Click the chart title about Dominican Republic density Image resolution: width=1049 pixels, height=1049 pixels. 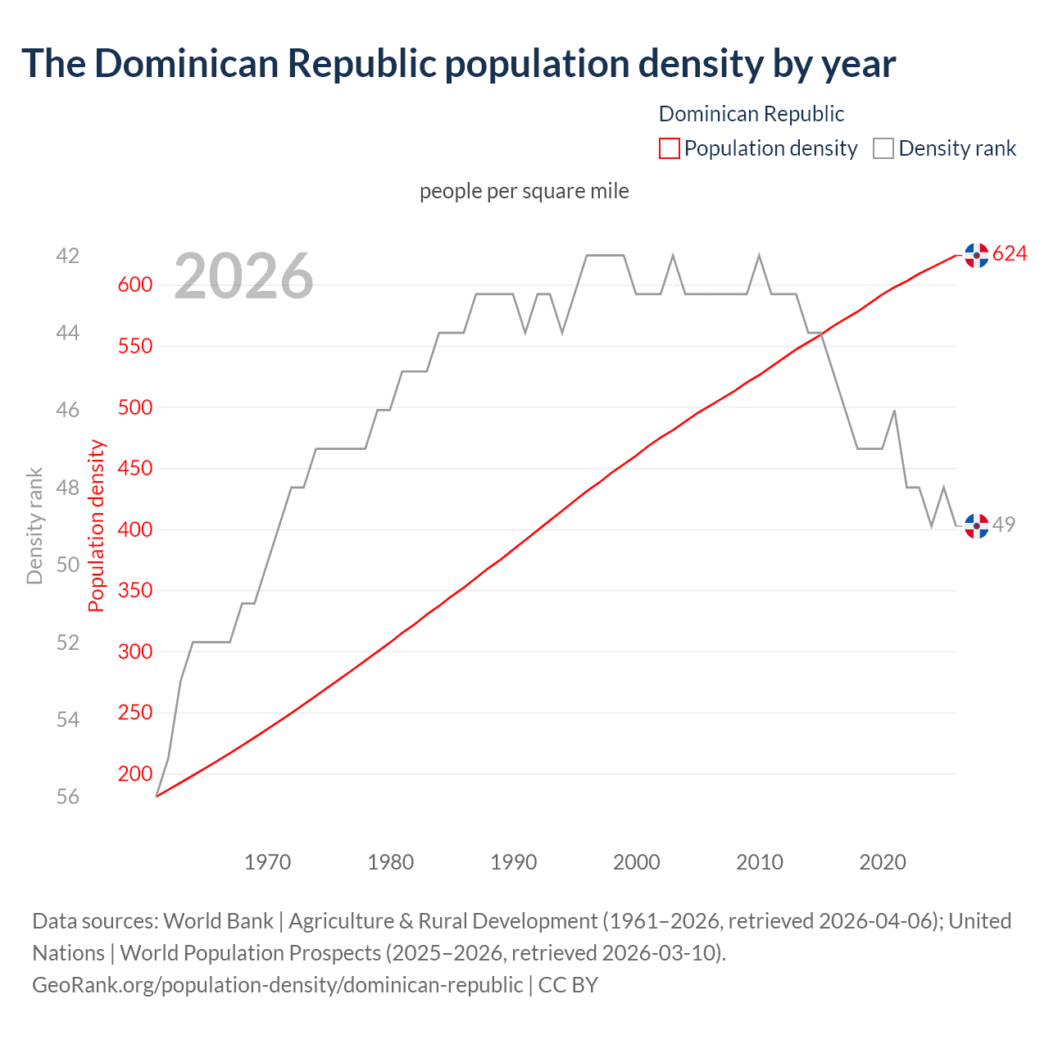click(459, 64)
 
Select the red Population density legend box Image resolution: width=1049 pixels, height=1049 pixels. click(669, 148)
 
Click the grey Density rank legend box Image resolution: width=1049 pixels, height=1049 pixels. click(883, 148)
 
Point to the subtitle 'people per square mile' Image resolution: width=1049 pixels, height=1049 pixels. click(524, 191)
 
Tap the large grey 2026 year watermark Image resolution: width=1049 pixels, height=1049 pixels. click(244, 276)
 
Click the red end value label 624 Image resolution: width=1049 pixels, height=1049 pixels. click(1010, 254)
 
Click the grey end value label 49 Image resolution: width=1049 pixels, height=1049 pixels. click(1004, 524)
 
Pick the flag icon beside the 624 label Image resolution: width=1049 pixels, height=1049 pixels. click(976, 256)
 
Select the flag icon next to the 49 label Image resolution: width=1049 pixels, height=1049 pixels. click(976, 525)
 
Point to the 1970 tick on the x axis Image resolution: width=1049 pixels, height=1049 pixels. click(268, 862)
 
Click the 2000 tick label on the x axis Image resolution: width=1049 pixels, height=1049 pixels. click(637, 862)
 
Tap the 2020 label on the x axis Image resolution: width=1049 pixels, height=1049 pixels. click(883, 862)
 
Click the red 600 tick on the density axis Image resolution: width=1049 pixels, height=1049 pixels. click(135, 285)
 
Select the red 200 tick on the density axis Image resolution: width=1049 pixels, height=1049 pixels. click(135, 774)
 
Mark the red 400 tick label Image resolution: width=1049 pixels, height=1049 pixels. click(135, 529)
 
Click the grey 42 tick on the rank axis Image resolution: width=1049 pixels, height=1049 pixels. click(68, 257)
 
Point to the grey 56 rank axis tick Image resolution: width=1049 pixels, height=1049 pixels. click(68, 797)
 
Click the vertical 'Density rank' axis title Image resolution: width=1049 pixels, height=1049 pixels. click(34, 526)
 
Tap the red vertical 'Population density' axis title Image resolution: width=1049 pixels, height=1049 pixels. click(97, 526)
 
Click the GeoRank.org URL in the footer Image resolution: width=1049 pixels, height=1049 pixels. click(277, 984)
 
